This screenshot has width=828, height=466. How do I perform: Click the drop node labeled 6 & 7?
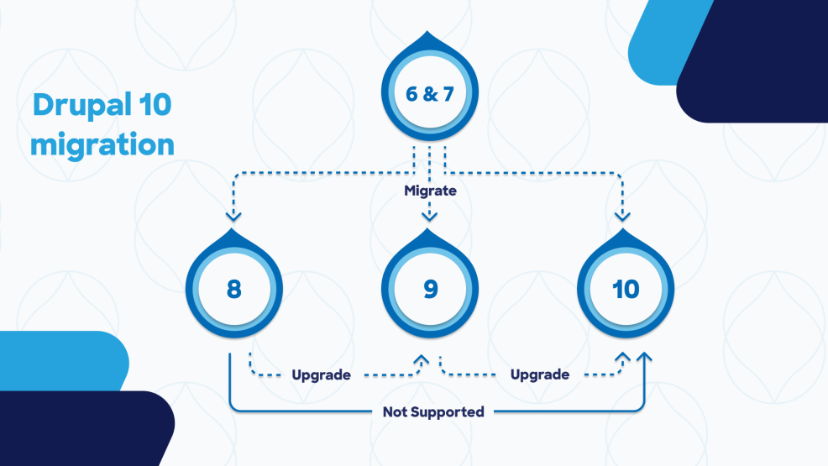429,92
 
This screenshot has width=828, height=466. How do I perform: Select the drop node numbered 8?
233,289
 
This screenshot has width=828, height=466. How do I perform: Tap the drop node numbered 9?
429,289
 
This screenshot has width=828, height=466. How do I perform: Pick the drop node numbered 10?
625,289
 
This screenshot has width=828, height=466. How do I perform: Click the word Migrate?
430,191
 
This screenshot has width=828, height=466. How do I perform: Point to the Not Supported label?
433,412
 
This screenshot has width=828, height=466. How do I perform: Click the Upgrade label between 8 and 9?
321,374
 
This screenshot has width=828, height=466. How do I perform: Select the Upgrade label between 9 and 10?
539,374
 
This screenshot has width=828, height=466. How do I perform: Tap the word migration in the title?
102,144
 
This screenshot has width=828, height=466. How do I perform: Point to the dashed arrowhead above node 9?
429,216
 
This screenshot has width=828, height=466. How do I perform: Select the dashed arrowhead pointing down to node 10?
622,216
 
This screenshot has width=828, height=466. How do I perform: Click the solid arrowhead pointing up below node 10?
644,359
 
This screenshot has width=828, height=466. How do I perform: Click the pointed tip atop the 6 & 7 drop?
429,36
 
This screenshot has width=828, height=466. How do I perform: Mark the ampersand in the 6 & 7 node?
429,93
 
